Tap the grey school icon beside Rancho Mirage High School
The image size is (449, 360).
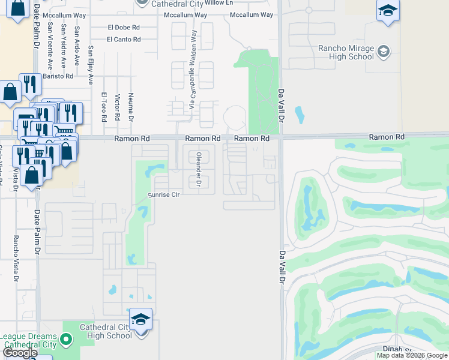383,52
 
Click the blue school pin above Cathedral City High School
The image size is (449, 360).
140,318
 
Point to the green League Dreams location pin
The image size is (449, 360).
67,340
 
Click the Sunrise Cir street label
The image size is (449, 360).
164,195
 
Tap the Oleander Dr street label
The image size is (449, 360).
199,170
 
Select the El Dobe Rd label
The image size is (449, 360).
124,27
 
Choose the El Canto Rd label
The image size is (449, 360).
124,40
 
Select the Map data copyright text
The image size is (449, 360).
411,355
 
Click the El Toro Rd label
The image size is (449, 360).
104,107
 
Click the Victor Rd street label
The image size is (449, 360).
118,108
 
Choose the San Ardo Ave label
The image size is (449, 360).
77,46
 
